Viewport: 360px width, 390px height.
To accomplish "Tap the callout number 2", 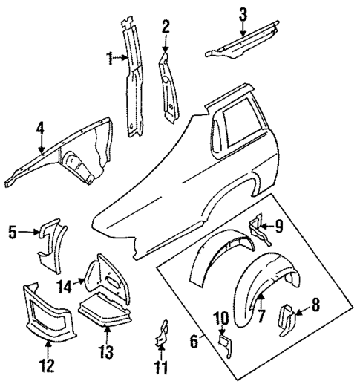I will (x=166, y=27).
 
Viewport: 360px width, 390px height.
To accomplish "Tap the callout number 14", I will (x=65, y=285).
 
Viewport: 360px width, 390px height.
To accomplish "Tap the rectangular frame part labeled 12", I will (x=48, y=312).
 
